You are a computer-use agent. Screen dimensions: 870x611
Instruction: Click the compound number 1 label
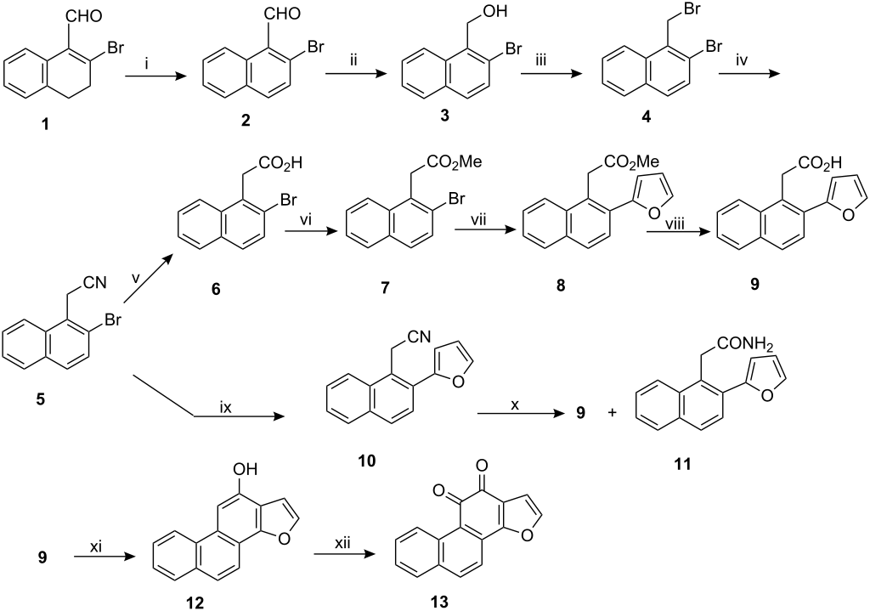[45, 124]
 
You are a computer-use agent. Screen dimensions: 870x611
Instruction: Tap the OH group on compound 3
[495, 10]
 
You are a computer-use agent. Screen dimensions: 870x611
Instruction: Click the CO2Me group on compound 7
[451, 162]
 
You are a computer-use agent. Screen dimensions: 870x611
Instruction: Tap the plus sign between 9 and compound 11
[613, 414]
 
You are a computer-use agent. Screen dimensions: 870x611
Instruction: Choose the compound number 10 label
[367, 460]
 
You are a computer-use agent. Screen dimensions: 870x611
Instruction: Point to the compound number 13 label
[439, 603]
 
